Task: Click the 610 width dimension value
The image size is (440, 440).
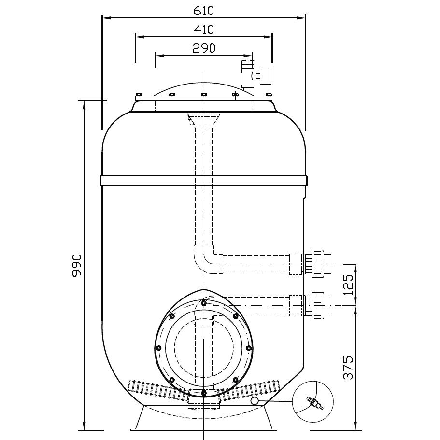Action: click(204, 10)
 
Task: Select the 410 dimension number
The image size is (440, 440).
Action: click(204, 29)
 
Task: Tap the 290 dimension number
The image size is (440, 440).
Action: click(204, 47)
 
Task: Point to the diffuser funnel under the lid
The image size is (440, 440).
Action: click(203, 118)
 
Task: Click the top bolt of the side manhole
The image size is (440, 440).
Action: click(204, 303)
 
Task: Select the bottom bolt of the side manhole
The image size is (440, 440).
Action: click(204, 392)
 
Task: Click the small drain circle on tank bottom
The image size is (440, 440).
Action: click(255, 401)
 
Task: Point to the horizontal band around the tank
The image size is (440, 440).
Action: click(203, 181)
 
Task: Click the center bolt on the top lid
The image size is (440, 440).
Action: click(203, 94)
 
